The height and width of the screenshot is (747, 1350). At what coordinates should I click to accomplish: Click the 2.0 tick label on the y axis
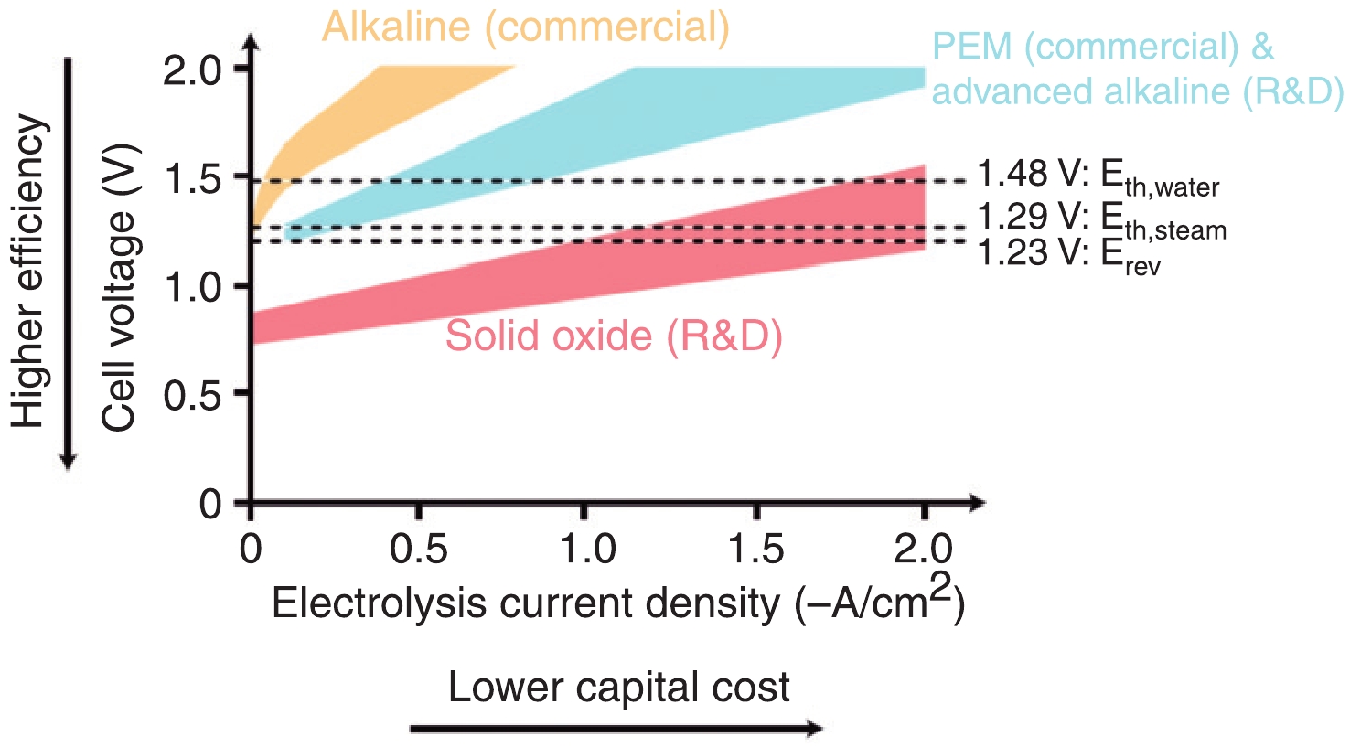tap(193, 69)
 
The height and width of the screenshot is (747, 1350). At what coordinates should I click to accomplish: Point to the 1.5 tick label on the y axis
tap(193, 178)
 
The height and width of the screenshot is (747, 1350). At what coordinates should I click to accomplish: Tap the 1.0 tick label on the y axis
tap(193, 286)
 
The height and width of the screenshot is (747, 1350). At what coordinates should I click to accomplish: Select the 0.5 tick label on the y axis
tap(193, 394)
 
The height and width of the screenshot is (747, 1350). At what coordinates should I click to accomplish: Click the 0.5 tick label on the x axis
tap(418, 549)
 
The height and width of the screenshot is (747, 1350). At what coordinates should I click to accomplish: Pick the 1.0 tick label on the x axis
tap(587, 549)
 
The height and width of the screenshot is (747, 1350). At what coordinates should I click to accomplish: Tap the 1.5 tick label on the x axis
tap(756, 549)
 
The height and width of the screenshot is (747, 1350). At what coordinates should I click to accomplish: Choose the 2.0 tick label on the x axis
tap(924, 549)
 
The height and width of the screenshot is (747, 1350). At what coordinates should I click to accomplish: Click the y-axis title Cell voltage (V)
tap(119, 286)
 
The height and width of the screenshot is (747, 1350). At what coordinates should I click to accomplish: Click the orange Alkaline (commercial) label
tap(526, 27)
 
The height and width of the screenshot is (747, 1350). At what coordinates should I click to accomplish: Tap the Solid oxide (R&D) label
tap(614, 336)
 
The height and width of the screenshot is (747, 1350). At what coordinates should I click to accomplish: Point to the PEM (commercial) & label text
tap(1102, 47)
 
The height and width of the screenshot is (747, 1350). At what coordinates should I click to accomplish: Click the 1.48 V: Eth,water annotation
tap(1098, 176)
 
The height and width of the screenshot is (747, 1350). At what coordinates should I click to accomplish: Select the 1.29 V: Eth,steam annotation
tap(1101, 219)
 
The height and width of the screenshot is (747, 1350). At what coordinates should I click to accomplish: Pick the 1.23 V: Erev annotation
tap(1068, 254)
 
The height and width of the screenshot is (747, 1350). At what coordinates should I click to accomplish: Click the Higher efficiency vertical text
tap(28, 271)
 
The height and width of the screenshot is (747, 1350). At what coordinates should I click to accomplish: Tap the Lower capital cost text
tap(618, 688)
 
